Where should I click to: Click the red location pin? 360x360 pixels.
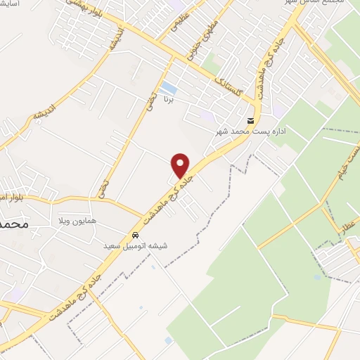(181, 165)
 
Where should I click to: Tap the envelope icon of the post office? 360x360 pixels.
(251, 121)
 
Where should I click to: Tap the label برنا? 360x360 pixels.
(168, 100)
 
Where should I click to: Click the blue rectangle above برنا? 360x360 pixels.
(169, 88)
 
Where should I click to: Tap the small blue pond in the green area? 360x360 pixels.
(317, 276)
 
